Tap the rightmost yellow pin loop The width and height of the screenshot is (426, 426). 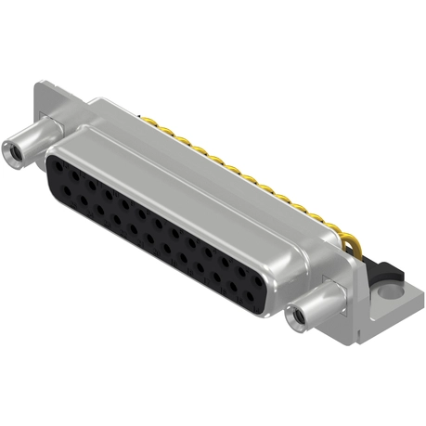click(x=350, y=244)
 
